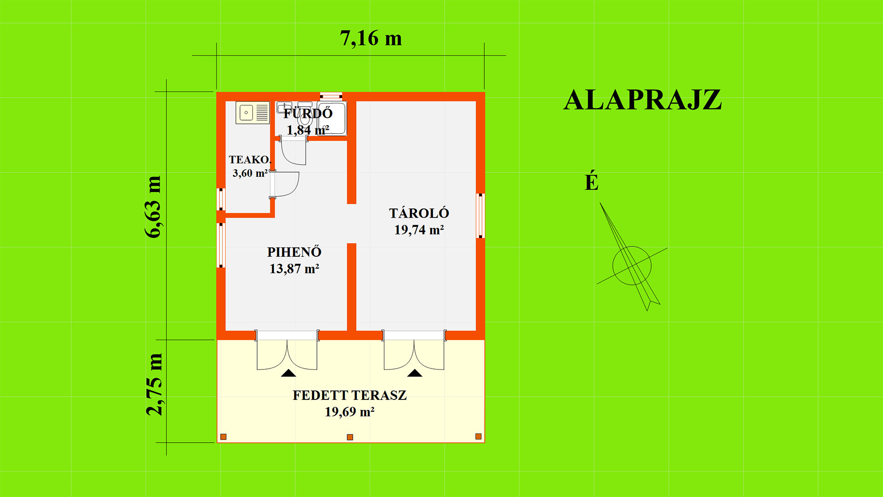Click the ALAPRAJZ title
642,100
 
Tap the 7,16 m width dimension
371,38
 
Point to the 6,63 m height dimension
154,207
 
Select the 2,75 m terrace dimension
154,385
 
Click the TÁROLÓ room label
419,213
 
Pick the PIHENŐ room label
294,252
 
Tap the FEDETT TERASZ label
350,395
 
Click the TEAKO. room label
250,160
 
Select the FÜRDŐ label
308,113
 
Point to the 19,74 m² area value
419,230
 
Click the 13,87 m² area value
294,268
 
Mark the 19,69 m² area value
350,411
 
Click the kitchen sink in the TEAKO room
252,113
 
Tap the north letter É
591,181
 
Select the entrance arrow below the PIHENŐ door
288,373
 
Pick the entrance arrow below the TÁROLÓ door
415,373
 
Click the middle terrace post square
350,437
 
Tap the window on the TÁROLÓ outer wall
481,216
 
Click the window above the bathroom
331,96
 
